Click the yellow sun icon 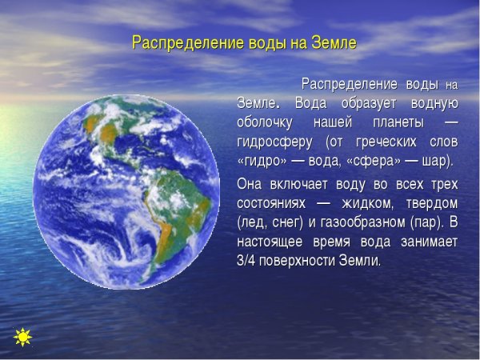pos(22,338)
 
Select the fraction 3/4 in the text pos(246,261)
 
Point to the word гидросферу pos(273,142)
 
